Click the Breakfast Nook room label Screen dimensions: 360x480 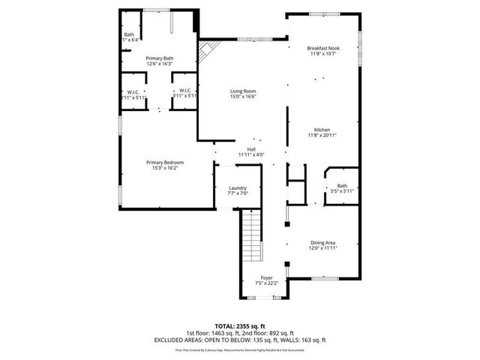[322, 48]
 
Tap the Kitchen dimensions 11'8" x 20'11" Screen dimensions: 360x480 [322, 135]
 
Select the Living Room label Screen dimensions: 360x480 [242, 91]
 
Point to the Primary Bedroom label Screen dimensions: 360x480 [165, 162]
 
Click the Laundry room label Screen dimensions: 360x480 [238, 187]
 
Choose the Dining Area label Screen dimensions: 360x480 [322, 242]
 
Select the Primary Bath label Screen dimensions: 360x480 [159, 58]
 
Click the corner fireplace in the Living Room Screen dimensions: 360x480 [208, 52]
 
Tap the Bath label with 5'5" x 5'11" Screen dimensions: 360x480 [342, 185]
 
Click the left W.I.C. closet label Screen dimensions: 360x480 [133, 90]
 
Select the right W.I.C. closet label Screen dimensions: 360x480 [185, 90]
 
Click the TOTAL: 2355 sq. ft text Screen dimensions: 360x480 [240, 326]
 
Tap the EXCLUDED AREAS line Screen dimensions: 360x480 [240, 340]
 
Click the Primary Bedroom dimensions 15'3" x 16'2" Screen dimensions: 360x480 [165, 167]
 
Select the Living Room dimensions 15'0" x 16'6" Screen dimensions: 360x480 [242, 97]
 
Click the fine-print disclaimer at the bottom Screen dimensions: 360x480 [240, 349]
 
